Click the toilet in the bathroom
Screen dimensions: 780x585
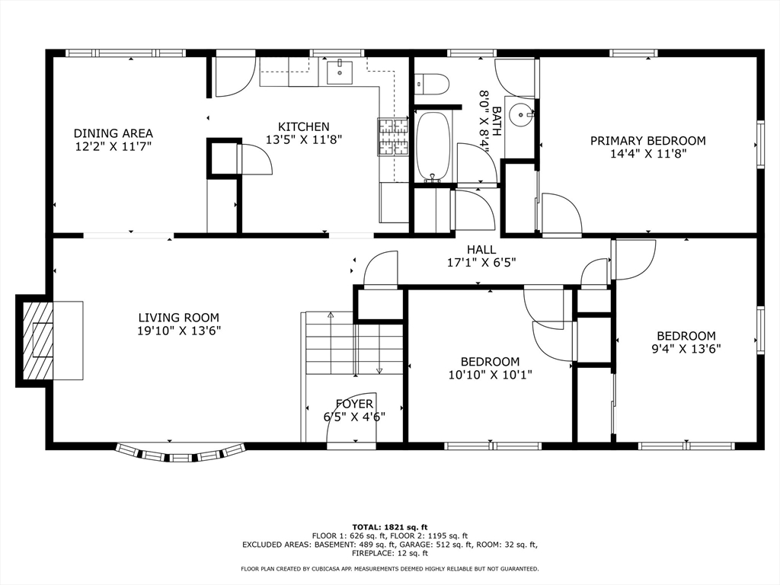pos(432,84)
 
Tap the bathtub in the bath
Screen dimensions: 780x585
pos(433,147)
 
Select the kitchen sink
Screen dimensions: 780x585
pos(340,72)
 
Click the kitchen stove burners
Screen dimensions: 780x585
pos(393,137)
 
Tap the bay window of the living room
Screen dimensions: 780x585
pos(181,453)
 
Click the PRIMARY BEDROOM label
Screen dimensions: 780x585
pos(647,141)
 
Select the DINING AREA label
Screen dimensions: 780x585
pos(113,133)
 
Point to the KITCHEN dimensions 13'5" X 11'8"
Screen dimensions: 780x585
pos(304,140)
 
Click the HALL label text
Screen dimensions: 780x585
pos(481,249)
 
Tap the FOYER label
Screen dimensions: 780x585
pos(354,404)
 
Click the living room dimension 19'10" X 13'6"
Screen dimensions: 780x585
pos(179,331)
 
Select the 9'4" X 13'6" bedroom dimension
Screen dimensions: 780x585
pos(686,349)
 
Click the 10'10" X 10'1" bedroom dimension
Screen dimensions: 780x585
pos(491,375)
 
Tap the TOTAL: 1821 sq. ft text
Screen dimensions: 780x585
pos(389,527)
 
